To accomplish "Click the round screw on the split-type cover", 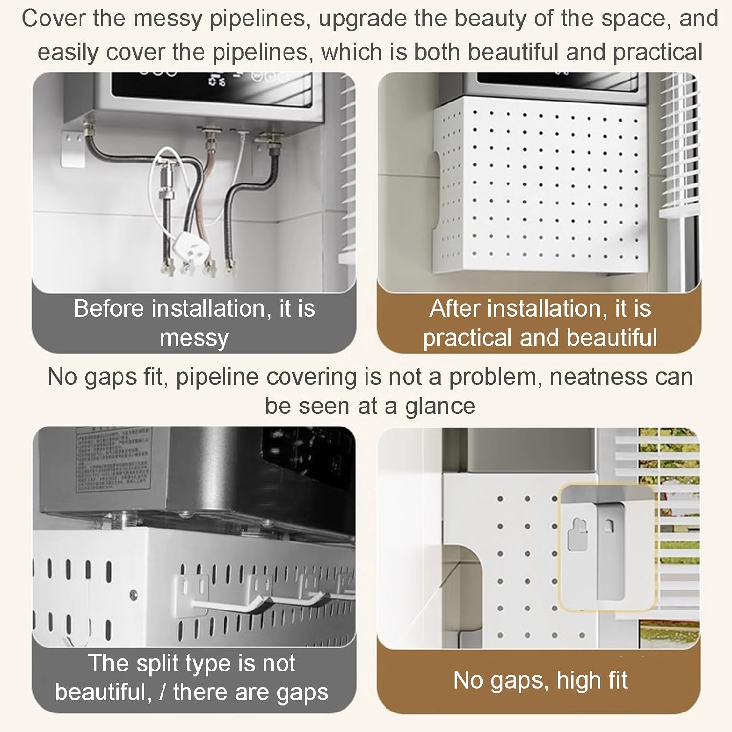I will pyautogui.click(x=133, y=594).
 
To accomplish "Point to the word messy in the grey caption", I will pyautogui.click(x=194, y=338).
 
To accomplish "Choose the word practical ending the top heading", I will pyautogui.click(x=657, y=52).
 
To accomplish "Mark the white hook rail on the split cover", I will pyautogui.click(x=264, y=600).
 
